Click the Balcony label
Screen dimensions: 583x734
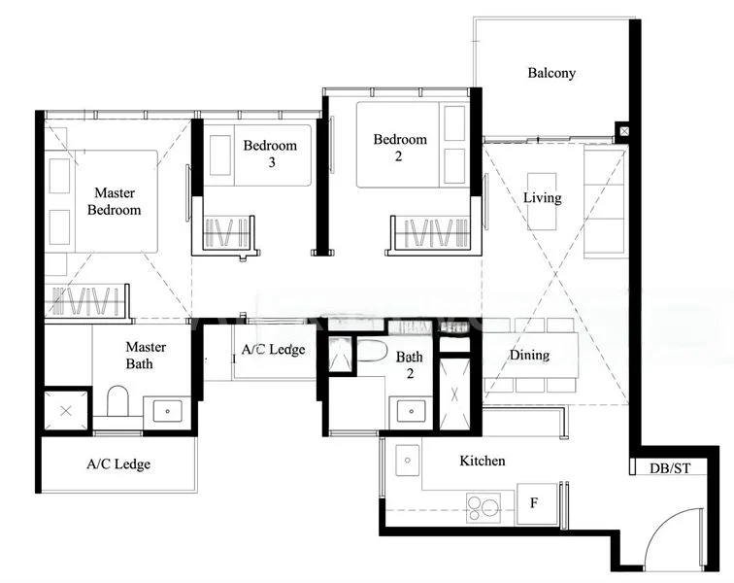[x=551, y=73]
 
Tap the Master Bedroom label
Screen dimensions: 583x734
[x=114, y=201]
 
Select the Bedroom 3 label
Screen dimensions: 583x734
[x=270, y=154]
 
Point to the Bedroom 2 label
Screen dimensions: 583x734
[x=400, y=148]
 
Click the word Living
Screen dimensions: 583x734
[x=542, y=198]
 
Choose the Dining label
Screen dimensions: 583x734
[x=529, y=356]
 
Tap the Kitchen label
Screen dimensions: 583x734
[x=483, y=461]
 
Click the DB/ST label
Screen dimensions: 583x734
[x=670, y=468]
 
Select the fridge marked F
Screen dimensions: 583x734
[x=533, y=503]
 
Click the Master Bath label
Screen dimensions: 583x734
[x=146, y=356]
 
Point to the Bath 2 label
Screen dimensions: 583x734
[x=410, y=365]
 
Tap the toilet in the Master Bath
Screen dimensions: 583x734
[x=118, y=401]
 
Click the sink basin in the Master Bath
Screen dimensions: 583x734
[x=167, y=411]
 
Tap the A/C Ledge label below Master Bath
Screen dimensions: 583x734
[x=118, y=464]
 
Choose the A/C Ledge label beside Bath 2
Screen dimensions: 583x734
[x=273, y=350]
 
